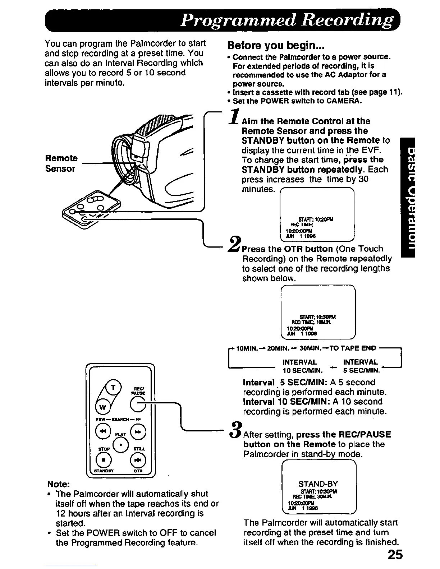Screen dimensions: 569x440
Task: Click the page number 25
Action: [395, 555]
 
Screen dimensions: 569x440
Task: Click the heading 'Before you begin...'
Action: [276, 46]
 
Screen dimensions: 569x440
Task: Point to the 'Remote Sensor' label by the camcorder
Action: [61, 163]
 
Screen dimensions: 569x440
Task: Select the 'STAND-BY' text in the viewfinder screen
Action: [318, 484]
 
